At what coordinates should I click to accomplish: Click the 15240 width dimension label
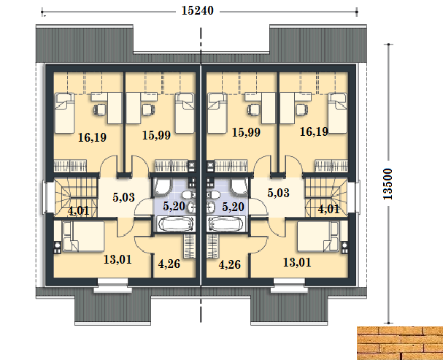[x=197, y=11]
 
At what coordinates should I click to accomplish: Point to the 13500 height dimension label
[x=388, y=184]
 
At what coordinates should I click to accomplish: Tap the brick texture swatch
[x=400, y=343]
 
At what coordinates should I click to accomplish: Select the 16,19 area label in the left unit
[x=92, y=137]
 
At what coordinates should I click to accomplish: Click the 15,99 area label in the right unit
[x=246, y=132]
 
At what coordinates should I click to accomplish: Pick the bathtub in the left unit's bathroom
[x=174, y=224]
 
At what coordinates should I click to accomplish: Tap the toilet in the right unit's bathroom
[x=213, y=195]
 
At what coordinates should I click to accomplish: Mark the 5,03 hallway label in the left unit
[x=123, y=197]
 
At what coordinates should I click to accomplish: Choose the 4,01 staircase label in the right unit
[x=328, y=210]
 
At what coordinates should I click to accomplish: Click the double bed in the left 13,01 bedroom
[x=83, y=237]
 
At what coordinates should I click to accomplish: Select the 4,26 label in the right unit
[x=230, y=265]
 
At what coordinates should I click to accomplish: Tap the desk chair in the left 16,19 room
[x=100, y=110]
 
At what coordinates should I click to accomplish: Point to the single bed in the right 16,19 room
[x=337, y=113]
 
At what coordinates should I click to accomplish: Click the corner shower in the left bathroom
[x=163, y=187]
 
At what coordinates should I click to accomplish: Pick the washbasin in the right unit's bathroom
[x=210, y=207]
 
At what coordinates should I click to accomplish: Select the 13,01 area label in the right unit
[x=297, y=262]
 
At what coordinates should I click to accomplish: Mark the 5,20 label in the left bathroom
[x=174, y=206]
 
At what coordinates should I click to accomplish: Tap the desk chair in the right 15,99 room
[x=254, y=110]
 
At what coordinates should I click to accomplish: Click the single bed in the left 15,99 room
[x=185, y=113]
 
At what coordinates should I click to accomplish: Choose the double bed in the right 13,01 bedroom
[x=318, y=237]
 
